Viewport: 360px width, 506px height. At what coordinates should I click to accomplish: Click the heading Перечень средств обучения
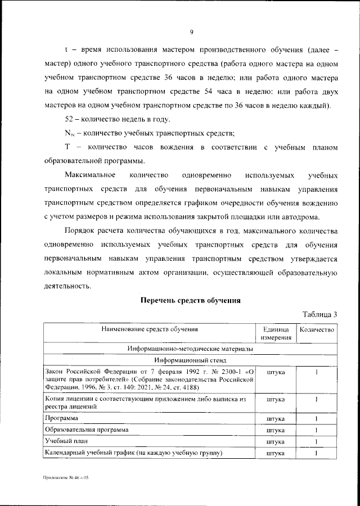[x=190, y=301]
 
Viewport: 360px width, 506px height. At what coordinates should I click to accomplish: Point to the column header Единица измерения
[x=276, y=333]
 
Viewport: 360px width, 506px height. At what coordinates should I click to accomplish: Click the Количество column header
[x=317, y=329]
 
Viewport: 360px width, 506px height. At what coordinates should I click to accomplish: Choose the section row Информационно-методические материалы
[x=190, y=349]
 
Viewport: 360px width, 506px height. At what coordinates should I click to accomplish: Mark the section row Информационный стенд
[x=190, y=361]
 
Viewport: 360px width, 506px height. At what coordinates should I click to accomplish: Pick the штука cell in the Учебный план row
[x=276, y=441]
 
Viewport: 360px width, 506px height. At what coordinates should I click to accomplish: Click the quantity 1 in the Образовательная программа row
[x=317, y=430]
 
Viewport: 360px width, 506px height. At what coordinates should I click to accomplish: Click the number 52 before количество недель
[x=71, y=119]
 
